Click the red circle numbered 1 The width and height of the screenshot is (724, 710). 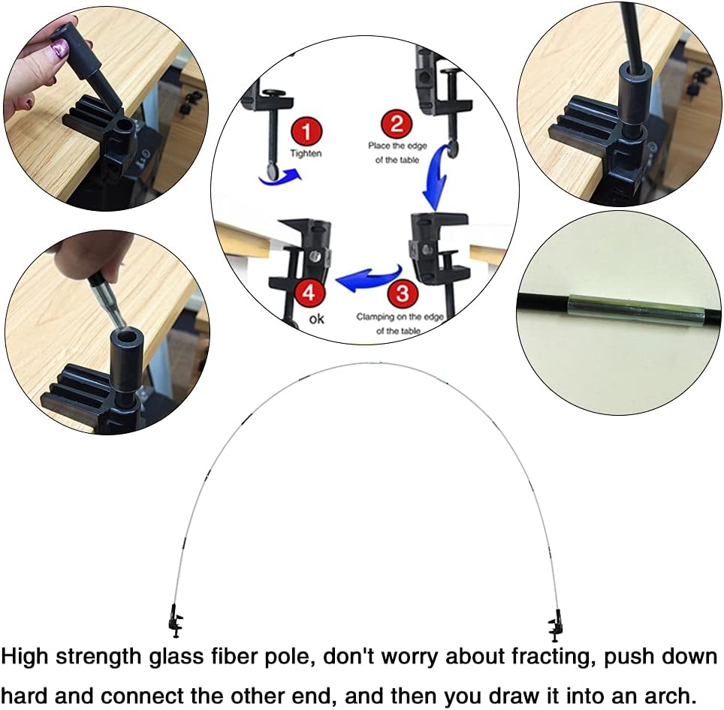pos(306,132)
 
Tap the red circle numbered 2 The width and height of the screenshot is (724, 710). pos(397,124)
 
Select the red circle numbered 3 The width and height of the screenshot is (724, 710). pos(403,293)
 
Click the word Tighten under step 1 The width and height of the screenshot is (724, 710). pos(306,154)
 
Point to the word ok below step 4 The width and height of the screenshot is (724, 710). pos(317,319)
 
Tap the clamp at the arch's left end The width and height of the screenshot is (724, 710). pos(176,621)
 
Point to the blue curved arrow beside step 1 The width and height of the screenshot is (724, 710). pos(280,178)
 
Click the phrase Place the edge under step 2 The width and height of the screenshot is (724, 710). pos(397,146)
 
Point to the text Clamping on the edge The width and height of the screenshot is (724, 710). pos(400,317)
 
